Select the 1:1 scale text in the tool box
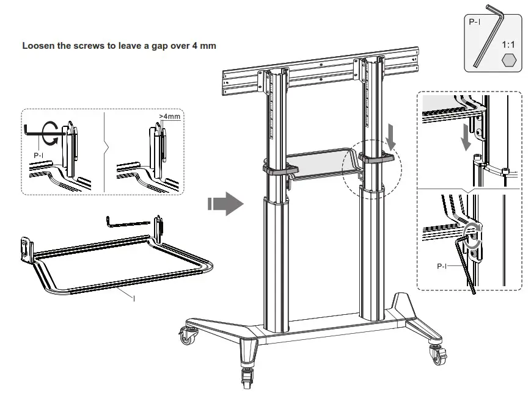(x=508, y=45)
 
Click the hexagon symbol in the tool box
(x=508, y=60)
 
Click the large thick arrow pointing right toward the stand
(x=225, y=203)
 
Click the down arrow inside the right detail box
(x=466, y=136)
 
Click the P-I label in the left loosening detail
(x=39, y=156)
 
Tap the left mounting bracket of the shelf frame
(x=26, y=250)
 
